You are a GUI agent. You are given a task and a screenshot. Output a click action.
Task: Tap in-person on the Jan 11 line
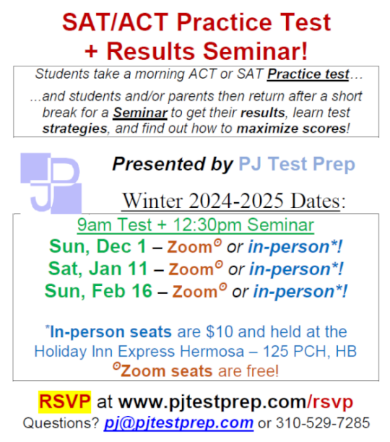294,269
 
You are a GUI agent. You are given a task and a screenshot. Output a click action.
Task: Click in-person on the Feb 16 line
298,291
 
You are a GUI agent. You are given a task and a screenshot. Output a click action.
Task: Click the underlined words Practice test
308,74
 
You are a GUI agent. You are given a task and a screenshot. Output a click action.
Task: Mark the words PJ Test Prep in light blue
296,165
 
